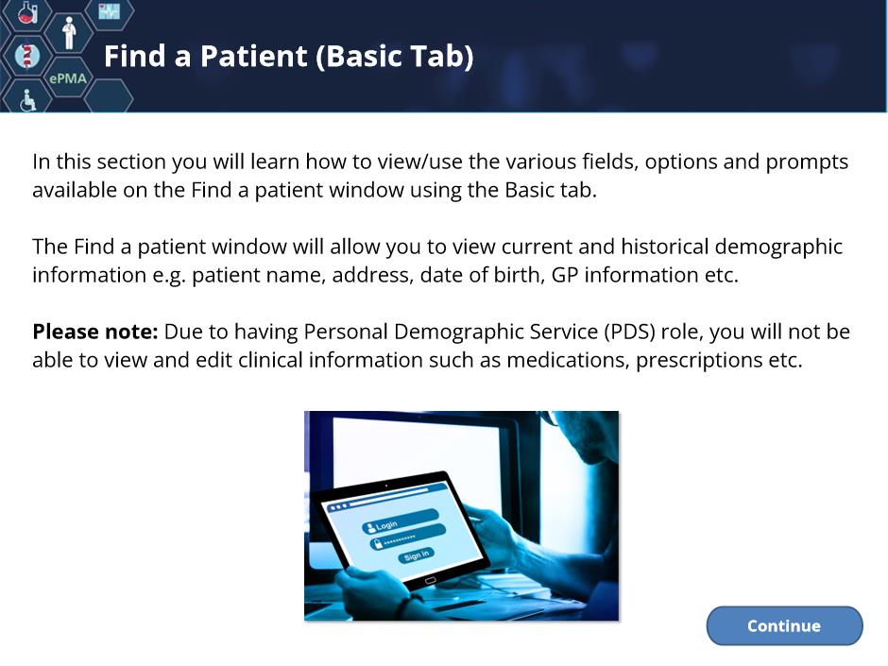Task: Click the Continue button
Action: (x=784, y=625)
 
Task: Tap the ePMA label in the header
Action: (x=68, y=78)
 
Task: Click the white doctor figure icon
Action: (x=69, y=33)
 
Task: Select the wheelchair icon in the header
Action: (x=27, y=100)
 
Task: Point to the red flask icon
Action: (x=26, y=12)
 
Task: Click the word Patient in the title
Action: (x=253, y=56)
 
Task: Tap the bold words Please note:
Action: (x=95, y=332)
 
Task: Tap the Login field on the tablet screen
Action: (x=401, y=522)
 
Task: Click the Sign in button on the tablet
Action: (x=417, y=555)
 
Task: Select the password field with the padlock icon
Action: (x=408, y=538)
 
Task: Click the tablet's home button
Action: (x=431, y=580)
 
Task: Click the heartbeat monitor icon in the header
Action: (x=110, y=10)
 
